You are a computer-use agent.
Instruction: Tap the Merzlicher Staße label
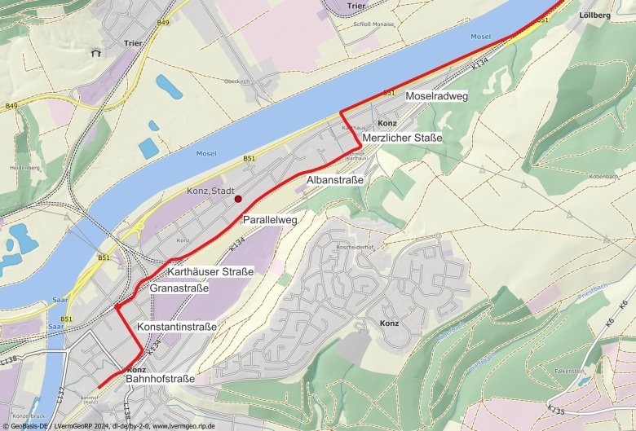pos(402,138)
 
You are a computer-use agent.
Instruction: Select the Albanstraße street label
pos(334,178)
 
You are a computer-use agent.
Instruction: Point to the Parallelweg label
pos(269,220)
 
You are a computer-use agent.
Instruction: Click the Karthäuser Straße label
pos(210,271)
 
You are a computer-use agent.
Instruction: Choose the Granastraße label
pos(179,288)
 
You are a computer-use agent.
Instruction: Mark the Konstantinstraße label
pos(177,327)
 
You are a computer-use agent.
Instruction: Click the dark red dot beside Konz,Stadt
pos(238,199)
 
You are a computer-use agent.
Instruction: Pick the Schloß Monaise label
pos(374,24)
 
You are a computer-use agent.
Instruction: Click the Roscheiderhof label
pos(354,247)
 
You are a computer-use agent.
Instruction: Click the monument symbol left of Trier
pos(95,54)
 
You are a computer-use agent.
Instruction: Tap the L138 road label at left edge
pos(9,359)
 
